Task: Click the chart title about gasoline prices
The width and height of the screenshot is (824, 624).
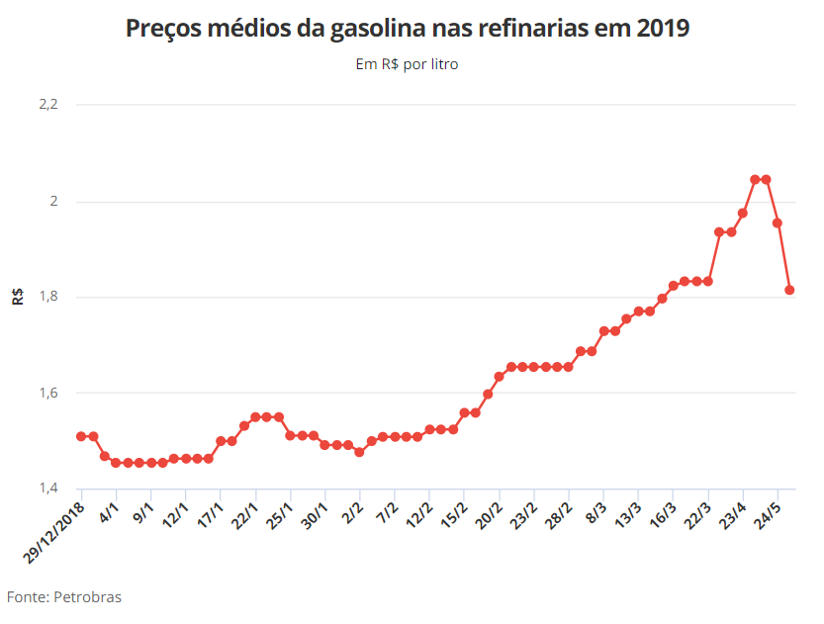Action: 407,29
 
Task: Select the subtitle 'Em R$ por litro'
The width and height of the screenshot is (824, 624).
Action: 407,64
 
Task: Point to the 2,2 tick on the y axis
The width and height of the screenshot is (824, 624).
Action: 48,104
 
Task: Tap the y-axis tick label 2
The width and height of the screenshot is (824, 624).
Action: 54,202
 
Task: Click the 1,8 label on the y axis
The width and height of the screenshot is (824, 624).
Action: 48,297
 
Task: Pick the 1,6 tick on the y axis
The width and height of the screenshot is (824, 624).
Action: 48,393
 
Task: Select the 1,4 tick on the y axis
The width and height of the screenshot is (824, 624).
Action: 48,489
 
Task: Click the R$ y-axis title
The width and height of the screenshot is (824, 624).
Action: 18,296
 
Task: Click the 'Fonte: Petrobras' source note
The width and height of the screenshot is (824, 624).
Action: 64,597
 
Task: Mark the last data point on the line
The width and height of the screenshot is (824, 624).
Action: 790,290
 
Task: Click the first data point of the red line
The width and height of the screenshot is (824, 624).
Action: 81,436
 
